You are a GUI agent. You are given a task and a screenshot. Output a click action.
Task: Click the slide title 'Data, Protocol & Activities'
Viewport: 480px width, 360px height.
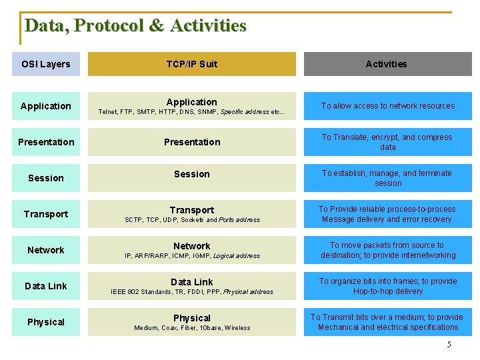(x=135, y=26)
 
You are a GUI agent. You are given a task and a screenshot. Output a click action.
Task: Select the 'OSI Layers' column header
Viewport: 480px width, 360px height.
(x=45, y=64)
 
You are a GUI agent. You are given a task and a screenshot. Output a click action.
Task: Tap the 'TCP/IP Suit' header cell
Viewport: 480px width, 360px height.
(x=191, y=64)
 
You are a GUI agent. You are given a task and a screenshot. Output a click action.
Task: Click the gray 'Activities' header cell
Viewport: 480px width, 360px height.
(x=387, y=64)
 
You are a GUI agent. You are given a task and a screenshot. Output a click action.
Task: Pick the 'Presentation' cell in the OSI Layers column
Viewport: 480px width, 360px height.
(x=46, y=142)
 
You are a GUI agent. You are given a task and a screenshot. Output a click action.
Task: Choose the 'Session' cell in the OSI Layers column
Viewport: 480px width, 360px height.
(x=46, y=178)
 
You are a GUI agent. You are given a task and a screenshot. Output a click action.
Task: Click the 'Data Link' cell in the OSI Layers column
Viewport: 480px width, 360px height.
(x=46, y=286)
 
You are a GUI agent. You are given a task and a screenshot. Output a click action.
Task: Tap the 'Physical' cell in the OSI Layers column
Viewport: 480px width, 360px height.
(x=46, y=322)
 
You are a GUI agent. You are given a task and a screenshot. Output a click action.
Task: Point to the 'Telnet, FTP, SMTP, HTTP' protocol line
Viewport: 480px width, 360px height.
(x=191, y=113)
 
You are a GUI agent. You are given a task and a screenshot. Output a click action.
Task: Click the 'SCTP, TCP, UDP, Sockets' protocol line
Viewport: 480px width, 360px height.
(x=191, y=220)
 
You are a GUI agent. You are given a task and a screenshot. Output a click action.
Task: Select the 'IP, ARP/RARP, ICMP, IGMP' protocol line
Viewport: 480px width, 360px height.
(x=191, y=256)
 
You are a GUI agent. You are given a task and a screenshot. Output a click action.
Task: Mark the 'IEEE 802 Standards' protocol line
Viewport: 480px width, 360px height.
(x=191, y=292)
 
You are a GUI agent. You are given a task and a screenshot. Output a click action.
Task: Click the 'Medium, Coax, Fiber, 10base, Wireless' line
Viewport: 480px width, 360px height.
(x=191, y=328)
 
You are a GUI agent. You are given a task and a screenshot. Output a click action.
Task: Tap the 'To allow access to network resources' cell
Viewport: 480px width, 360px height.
(x=387, y=106)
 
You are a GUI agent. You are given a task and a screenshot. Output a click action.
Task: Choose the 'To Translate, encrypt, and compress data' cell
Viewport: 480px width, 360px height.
(x=387, y=142)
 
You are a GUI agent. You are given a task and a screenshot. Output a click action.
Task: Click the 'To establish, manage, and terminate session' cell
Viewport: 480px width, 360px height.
(x=387, y=178)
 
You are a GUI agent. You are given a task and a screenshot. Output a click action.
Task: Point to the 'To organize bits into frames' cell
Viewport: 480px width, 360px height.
(x=387, y=286)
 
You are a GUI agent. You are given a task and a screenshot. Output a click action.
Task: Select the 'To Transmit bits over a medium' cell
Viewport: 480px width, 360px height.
(x=387, y=322)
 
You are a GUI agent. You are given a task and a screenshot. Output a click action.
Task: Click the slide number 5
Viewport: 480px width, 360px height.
(x=449, y=345)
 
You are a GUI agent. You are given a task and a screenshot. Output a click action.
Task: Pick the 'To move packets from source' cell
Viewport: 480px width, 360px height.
(x=387, y=250)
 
